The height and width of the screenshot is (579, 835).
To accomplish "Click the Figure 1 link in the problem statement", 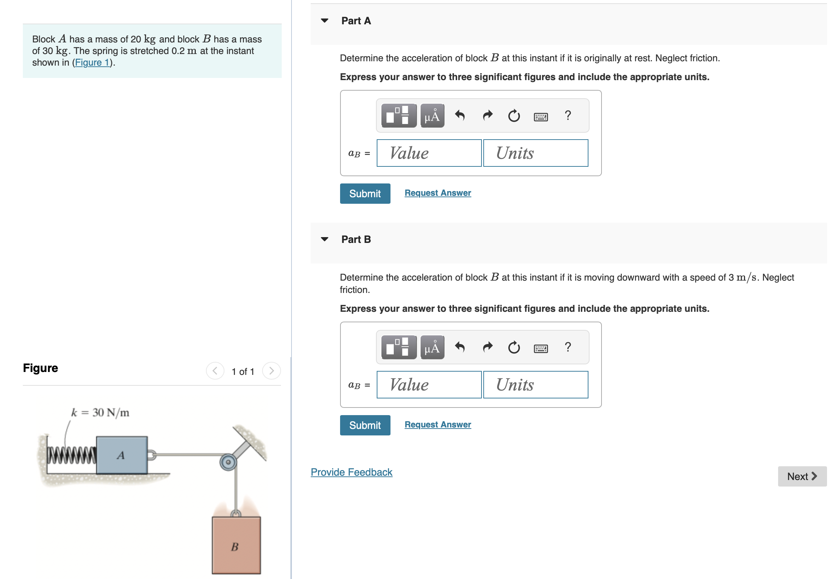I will pyautogui.click(x=92, y=62).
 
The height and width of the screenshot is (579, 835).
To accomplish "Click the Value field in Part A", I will pyautogui.click(x=429, y=153).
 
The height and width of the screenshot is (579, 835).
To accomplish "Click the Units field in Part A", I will pyautogui.click(x=535, y=153).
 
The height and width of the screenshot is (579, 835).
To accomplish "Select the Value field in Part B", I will pyautogui.click(x=429, y=385).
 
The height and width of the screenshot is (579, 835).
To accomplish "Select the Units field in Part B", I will pyautogui.click(x=535, y=385).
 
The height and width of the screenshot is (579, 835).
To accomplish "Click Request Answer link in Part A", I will pyautogui.click(x=438, y=193).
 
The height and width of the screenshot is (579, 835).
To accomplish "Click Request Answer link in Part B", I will pyautogui.click(x=438, y=425).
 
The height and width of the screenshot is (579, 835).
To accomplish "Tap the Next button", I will pyautogui.click(x=802, y=476).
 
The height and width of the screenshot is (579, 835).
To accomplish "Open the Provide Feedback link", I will pyautogui.click(x=351, y=472).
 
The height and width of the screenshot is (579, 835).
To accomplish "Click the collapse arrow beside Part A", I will pyautogui.click(x=324, y=21).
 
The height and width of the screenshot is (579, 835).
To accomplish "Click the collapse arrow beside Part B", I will pyautogui.click(x=324, y=239).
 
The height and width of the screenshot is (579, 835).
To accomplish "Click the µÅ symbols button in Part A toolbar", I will pyautogui.click(x=432, y=116).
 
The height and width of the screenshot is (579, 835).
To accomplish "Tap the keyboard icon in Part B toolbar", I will pyautogui.click(x=541, y=348).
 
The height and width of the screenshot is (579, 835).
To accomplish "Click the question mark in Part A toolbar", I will pyautogui.click(x=568, y=115).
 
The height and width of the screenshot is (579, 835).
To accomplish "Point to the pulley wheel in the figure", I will pyautogui.click(x=228, y=462).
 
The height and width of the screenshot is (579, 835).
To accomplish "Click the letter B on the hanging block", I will pyautogui.click(x=235, y=547).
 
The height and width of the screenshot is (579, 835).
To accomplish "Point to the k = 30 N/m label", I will pyautogui.click(x=100, y=413).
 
